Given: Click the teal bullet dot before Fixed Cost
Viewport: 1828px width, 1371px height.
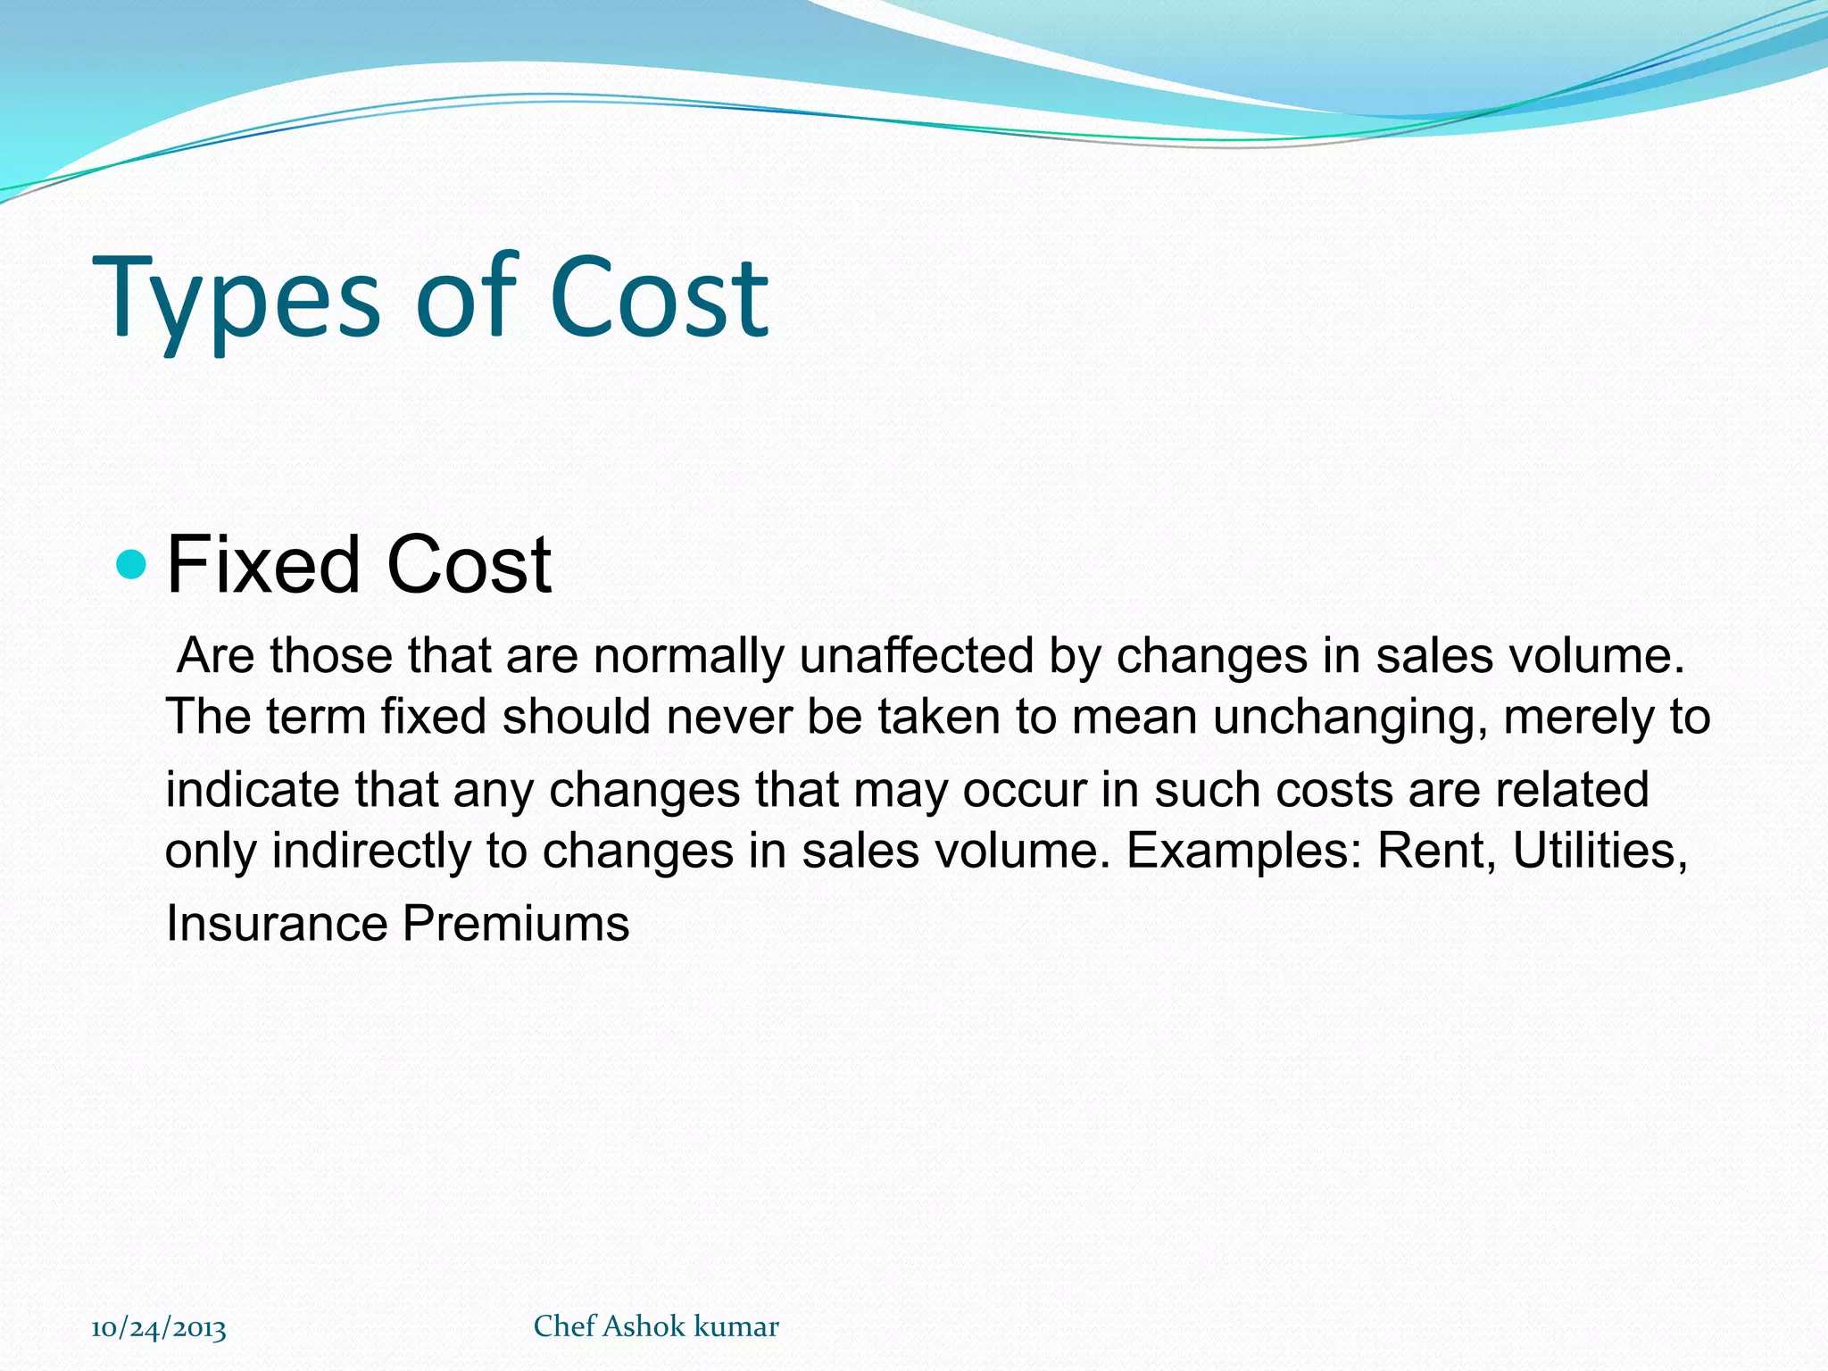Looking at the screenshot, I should point(131,564).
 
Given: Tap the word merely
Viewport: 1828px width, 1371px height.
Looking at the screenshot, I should point(1571,718).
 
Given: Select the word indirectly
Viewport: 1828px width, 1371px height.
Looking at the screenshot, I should point(370,850).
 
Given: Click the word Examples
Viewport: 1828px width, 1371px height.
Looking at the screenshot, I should point(1244,850).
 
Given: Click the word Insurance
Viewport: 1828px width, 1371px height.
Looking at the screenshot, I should point(276,923).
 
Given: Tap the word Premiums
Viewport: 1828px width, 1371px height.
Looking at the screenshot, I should point(516,923).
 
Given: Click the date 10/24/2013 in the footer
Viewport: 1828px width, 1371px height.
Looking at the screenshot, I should point(159,1329).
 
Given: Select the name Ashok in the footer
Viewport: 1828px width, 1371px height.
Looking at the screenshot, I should point(644,1326).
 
